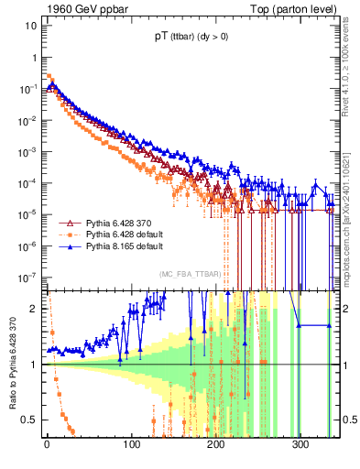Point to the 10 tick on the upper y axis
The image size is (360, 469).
pyautogui.click(x=31, y=25)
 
